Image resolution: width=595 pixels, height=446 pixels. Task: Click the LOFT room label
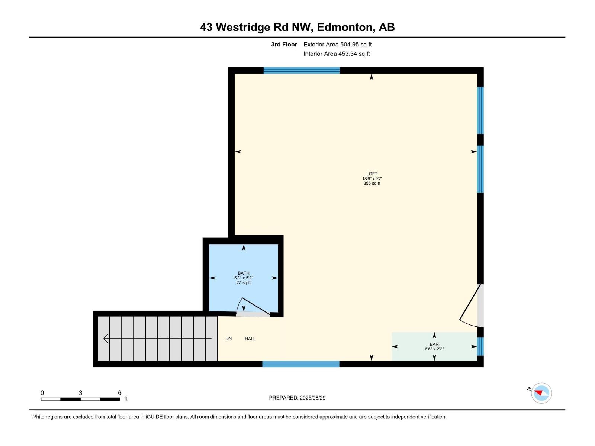(372, 174)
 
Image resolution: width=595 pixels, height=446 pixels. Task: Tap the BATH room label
(244, 273)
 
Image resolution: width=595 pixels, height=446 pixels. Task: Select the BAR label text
(434, 344)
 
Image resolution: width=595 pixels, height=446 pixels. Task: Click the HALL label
(250, 339)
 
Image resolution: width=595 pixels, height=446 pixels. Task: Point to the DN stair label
(228, 339)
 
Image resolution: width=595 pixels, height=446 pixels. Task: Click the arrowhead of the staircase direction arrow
(106, 339)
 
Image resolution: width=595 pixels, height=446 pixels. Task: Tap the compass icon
(541, 393)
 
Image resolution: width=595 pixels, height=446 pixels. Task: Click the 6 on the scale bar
(119, 393)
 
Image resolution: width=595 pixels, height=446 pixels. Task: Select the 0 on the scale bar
(42, 393)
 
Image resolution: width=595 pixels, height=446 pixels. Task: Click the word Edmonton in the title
(345, 27)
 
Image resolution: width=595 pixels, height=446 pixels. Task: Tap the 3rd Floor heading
(284, 45)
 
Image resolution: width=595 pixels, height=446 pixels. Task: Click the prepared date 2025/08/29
(312, 398)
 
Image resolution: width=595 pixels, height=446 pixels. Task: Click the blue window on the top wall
(302, 70)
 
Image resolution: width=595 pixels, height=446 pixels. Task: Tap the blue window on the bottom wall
(300, 364)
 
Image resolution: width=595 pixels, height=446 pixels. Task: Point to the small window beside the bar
(480, 346)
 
